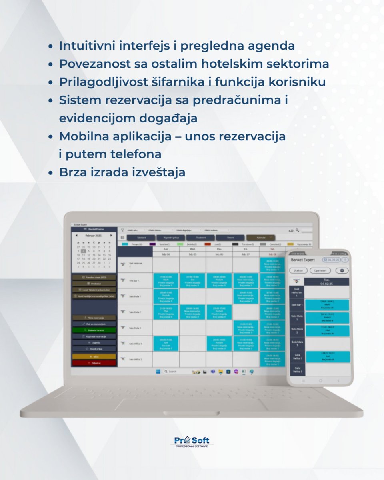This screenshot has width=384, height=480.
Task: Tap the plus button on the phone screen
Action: pos(345,260)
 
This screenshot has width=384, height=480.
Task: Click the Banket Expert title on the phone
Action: pos(303,260)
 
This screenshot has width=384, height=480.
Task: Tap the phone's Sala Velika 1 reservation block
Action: pos(327,356)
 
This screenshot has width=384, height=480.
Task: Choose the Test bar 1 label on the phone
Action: pos(296,305)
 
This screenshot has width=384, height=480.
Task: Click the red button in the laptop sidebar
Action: pos(94,363)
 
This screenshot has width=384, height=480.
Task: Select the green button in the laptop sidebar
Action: pos(94,330)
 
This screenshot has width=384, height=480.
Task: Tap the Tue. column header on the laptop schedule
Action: pos(166,248)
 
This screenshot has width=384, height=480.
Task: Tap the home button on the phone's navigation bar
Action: pos(320,381)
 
